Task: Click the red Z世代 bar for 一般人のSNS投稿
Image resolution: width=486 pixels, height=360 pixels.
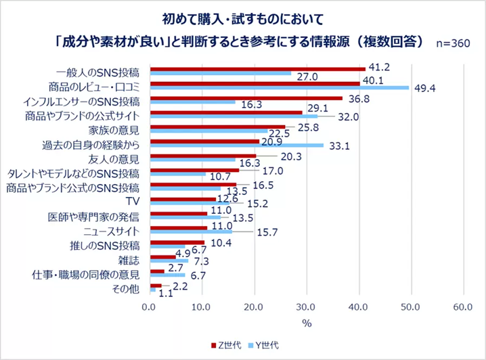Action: pos(257,69)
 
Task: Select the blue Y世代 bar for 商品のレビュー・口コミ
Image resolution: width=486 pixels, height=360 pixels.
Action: pos(279,87)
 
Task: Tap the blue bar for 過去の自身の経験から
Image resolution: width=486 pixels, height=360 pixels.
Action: pos(236,145)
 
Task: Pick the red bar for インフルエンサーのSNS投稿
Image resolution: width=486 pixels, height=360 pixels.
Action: pos(246,98)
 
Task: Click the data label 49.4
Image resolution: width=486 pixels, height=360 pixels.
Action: pos(424,88)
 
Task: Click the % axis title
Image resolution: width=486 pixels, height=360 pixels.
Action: pos(307,323)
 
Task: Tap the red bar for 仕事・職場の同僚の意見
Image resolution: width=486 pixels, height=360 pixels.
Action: pos(157,271)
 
